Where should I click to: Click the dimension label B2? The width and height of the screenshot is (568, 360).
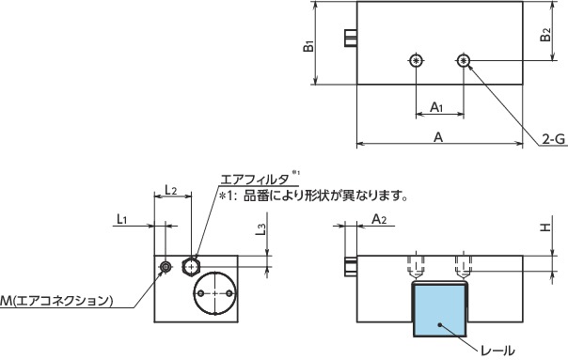click(546, 36)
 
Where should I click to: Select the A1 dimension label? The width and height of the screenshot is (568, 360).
click(438, 108)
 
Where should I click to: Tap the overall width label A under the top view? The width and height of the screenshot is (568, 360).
click(438, 136)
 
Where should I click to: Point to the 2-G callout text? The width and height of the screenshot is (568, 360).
click(553, 140)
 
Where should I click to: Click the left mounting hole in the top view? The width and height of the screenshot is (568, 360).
click(417, 62)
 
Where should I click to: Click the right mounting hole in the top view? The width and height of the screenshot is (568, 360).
click(464, 62)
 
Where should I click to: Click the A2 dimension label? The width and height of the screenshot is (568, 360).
click(380, 219)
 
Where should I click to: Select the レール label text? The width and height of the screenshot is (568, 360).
click(497, 351)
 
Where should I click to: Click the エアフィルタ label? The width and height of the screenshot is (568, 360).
click(253, 178)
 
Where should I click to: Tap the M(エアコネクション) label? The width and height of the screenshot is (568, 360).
click(56, 302)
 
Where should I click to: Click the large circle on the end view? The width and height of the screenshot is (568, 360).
click(217, 294)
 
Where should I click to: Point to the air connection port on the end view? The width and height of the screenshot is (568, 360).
click(166, 268)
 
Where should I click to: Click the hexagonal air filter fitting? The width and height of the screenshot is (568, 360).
click(193, 265)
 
